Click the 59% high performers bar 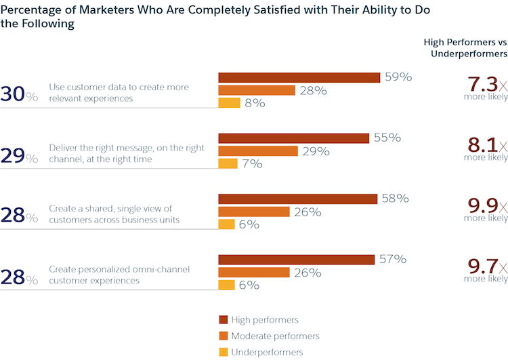(299, 77)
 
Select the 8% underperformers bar (229, 103)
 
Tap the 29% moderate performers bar (258, 151)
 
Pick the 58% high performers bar (297, 199)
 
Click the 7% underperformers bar (228, 163)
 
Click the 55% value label (387, 138)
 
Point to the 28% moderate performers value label (314, 90)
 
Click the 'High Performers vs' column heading (465, 42)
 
